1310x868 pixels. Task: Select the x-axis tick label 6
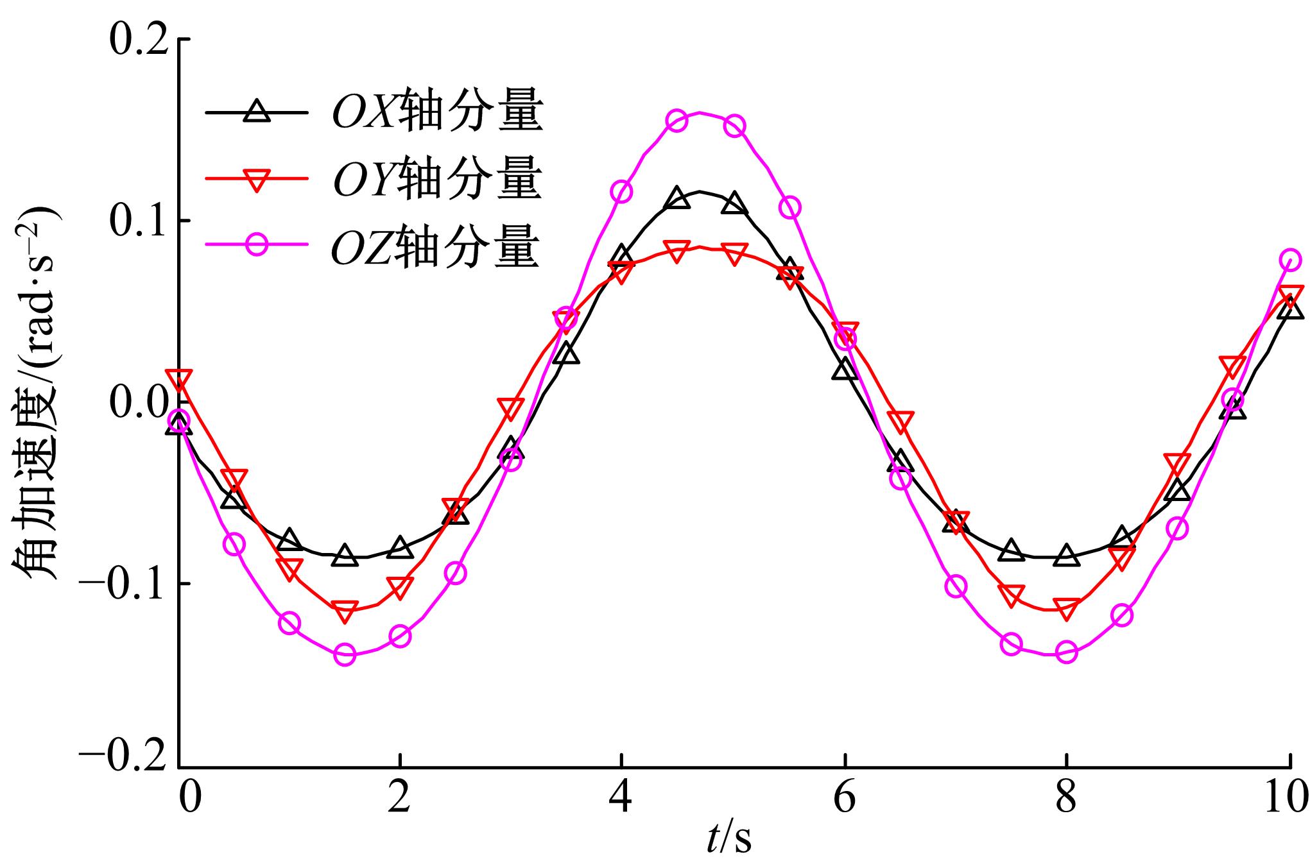point(845,799)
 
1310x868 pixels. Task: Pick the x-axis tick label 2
point(399,799)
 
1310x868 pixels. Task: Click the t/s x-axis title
point(728,837)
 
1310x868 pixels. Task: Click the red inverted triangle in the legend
point(257,180)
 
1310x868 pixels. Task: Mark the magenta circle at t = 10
point(1289,260)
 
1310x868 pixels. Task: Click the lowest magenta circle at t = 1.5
point(345,655)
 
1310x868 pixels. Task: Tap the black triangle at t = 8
point(1066,555)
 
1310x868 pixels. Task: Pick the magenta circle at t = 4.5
point(677,120)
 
